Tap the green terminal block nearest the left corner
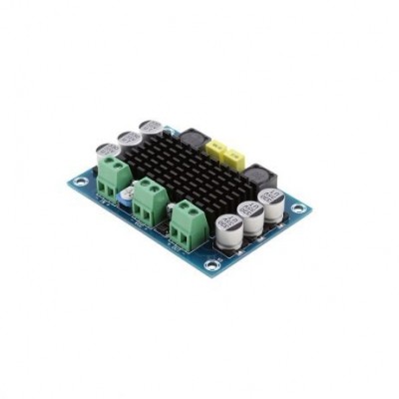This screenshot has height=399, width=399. [x=113, y=177]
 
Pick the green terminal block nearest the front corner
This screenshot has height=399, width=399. [x=186, y=223]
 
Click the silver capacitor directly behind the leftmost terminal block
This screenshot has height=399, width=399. [x=108, y=153]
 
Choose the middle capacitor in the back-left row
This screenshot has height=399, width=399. [x=129, y=141]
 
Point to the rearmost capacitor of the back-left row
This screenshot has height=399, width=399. [x=151, y=130]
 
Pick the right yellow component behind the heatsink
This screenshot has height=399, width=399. [x=236, y=158]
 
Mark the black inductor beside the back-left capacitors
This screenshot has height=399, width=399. [x=189, y=136]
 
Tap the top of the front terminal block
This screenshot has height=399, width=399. [x=187, y=210]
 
